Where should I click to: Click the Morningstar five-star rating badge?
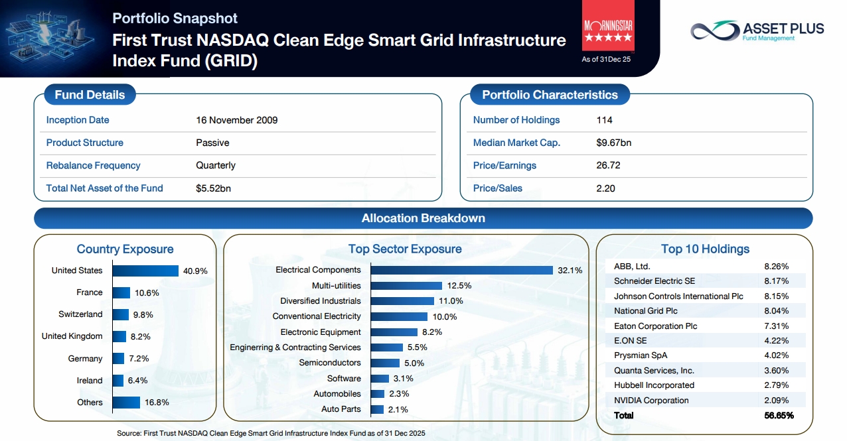(608, 25)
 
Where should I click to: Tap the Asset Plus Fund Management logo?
(757, 31)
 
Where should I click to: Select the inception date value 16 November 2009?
(237, 120)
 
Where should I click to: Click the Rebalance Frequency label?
(93, 166)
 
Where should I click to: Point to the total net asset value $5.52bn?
(213, 188)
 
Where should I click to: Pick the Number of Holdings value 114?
(604, 120)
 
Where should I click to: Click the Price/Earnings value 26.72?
(608, 166)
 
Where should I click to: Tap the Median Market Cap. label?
(516, 143)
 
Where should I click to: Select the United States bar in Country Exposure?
(145, 271)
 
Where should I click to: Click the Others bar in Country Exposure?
(126, 403)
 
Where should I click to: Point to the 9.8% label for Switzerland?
(143, 315)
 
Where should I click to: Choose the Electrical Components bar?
(462, 270)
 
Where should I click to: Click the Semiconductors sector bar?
(385, 363)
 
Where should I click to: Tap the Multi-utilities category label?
(336, 286)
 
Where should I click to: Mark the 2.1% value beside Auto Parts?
(398, 409)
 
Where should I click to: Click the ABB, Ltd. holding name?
(632, 267)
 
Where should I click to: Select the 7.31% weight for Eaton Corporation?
(776, 326)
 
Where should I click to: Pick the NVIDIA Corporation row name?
(651, 400)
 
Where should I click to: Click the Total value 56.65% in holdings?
(779, 416)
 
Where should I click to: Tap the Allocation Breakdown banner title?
(423, 218)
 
